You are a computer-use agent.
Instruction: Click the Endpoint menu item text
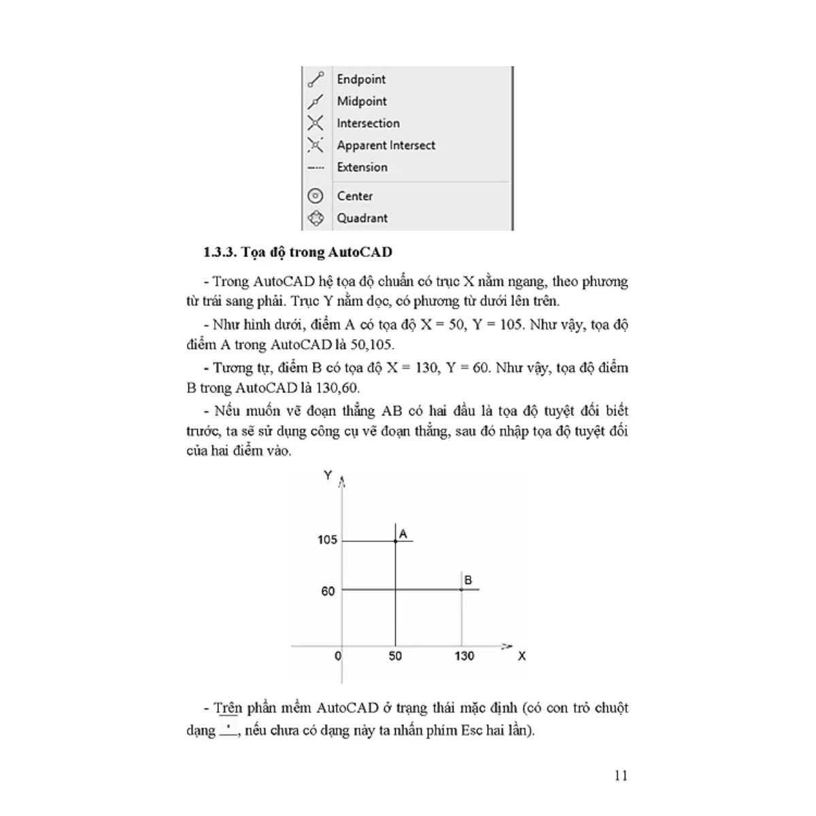click(x=361, y=80)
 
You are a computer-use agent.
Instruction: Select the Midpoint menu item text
click(x=362, y=101)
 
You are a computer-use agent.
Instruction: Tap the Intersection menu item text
click(x=368, y=123)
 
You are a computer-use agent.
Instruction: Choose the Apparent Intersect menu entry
click(x=386, y=146)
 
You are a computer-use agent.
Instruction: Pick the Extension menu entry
click(x=362, y=167)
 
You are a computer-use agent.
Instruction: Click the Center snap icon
click(x=316, y=196)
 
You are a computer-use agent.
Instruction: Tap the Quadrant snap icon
click(x=316, y=218)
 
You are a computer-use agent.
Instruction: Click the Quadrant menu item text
click(x=362, y=218)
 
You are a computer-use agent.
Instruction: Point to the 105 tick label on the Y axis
click(x=327, y=540)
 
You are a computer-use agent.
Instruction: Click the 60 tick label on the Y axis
click(x=328, y=591)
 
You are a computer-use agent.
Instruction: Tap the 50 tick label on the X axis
click(x=395, y=656)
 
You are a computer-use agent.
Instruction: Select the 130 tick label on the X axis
click(x=464, y=656)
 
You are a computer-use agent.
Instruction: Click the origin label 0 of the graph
click(x=338, y=656)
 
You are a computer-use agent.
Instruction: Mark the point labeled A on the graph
click(x=395, y=541)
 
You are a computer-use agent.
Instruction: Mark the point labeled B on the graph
click(x=462, y=589)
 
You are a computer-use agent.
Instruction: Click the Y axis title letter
click(x=328, y=475)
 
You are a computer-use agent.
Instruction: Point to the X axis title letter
click(x=522, y=656)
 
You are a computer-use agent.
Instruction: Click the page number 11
click(x=620, y=776)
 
